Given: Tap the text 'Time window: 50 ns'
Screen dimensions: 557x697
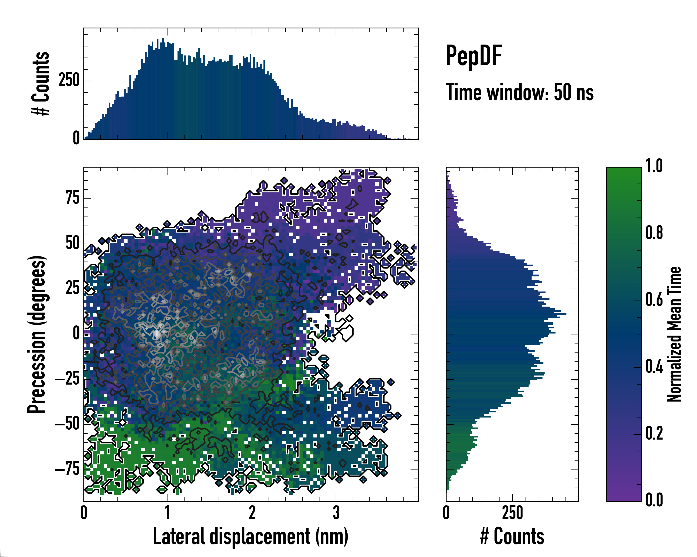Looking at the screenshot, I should pos(520,92).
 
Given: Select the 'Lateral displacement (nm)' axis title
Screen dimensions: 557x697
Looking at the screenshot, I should pos(250,536).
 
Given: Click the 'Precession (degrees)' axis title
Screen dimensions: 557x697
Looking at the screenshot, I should pos(36,334).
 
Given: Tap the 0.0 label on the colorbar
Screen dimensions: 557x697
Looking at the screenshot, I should pos(654,500).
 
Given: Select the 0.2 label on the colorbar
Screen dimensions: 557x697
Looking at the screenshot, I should pos(654,433).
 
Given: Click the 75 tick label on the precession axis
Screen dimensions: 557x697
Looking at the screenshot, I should pos(72,198).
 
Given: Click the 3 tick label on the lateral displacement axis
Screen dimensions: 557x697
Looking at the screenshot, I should pos(336,513).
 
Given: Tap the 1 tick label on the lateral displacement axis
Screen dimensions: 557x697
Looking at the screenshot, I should pos(168,513).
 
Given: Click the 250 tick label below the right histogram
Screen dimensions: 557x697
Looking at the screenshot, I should pos(512,513).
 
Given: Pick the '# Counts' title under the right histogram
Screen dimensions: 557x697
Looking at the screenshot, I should pos(512,536).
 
